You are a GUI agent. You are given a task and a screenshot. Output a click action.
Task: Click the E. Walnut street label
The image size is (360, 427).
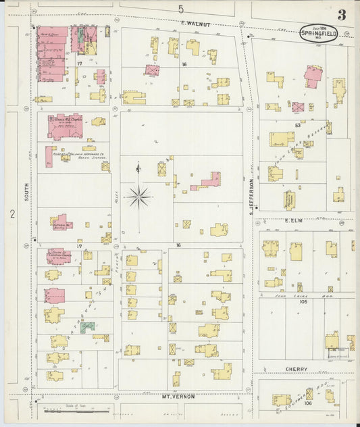196,24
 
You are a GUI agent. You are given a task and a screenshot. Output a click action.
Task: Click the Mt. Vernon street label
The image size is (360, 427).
178,397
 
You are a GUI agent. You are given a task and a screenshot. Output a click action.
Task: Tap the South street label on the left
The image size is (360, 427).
27,189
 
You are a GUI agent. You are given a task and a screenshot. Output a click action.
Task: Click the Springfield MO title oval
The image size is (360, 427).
318,33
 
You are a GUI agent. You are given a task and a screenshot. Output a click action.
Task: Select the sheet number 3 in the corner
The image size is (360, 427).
342,15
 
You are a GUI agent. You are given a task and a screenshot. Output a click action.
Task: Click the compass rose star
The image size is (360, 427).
138,197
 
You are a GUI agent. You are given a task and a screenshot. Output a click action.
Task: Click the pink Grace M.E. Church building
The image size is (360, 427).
65,126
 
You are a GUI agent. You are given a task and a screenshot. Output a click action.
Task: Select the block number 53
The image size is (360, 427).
297,126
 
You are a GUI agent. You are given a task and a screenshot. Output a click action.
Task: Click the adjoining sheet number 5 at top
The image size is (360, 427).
180,9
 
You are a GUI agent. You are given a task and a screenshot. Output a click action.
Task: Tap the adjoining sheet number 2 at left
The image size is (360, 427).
12,214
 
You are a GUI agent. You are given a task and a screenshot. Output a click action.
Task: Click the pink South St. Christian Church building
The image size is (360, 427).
58,256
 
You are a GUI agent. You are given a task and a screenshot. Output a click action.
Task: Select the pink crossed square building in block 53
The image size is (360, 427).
298,107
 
